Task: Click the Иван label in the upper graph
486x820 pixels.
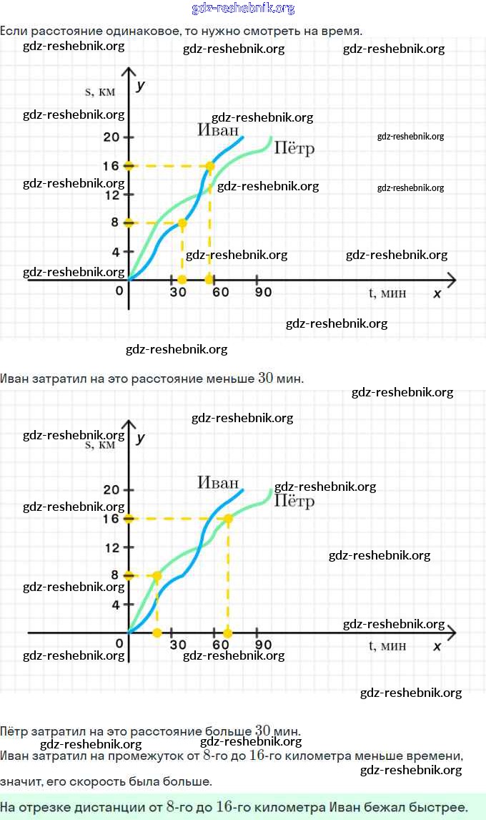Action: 218,130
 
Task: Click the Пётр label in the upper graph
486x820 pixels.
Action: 294,149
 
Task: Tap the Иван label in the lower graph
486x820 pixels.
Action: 218,482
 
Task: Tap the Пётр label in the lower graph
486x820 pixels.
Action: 294,501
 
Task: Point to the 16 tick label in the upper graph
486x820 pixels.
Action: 110,166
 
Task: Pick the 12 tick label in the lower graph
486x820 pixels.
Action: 111,547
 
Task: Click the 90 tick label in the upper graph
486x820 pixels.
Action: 263,292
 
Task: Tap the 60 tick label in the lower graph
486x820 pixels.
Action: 220,645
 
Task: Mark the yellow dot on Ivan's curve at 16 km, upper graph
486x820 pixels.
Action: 209,166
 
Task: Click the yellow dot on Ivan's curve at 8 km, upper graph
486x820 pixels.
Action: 182,223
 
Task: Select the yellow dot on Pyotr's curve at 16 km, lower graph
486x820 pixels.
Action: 228,518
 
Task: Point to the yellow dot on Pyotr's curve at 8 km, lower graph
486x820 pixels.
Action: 157,575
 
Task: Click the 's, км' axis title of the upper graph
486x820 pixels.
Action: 100,91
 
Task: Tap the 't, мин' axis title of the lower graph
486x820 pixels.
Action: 387,645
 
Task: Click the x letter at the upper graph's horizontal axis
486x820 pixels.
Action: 437,293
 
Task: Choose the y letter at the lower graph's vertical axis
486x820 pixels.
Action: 141,437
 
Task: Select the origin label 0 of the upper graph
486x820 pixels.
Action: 119,291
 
